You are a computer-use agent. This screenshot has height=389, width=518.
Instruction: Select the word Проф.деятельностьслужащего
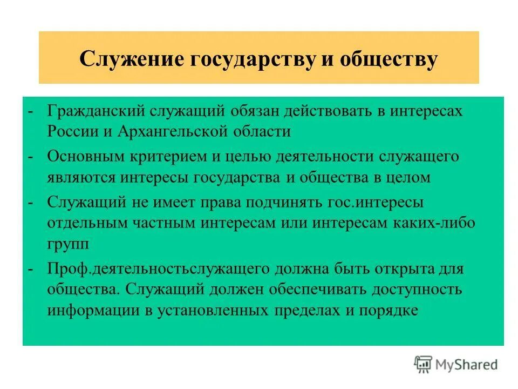tap(159, 269)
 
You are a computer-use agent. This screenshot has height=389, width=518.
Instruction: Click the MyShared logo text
tap(467, 364)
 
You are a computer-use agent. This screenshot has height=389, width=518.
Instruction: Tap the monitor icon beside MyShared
tap(424, 364)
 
